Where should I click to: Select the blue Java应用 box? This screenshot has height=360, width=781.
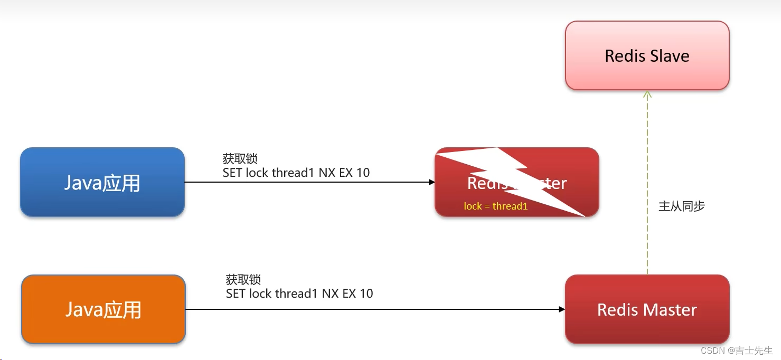click(102, 182)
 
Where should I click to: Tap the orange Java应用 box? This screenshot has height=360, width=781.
click(103, 309)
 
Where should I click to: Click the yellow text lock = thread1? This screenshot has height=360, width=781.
click(495, 206)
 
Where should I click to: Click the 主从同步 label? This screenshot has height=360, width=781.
click(681, 206)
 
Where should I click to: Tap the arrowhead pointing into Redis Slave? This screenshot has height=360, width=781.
click(647, 94)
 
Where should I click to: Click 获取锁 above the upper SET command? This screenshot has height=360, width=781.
click(240, 159)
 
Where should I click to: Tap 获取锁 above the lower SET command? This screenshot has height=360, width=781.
click(243, 280)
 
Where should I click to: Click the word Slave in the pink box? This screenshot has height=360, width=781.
click(670, 56)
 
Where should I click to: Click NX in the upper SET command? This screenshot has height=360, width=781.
click(327, 173)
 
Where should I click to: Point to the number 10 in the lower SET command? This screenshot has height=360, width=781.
click(366, 293)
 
